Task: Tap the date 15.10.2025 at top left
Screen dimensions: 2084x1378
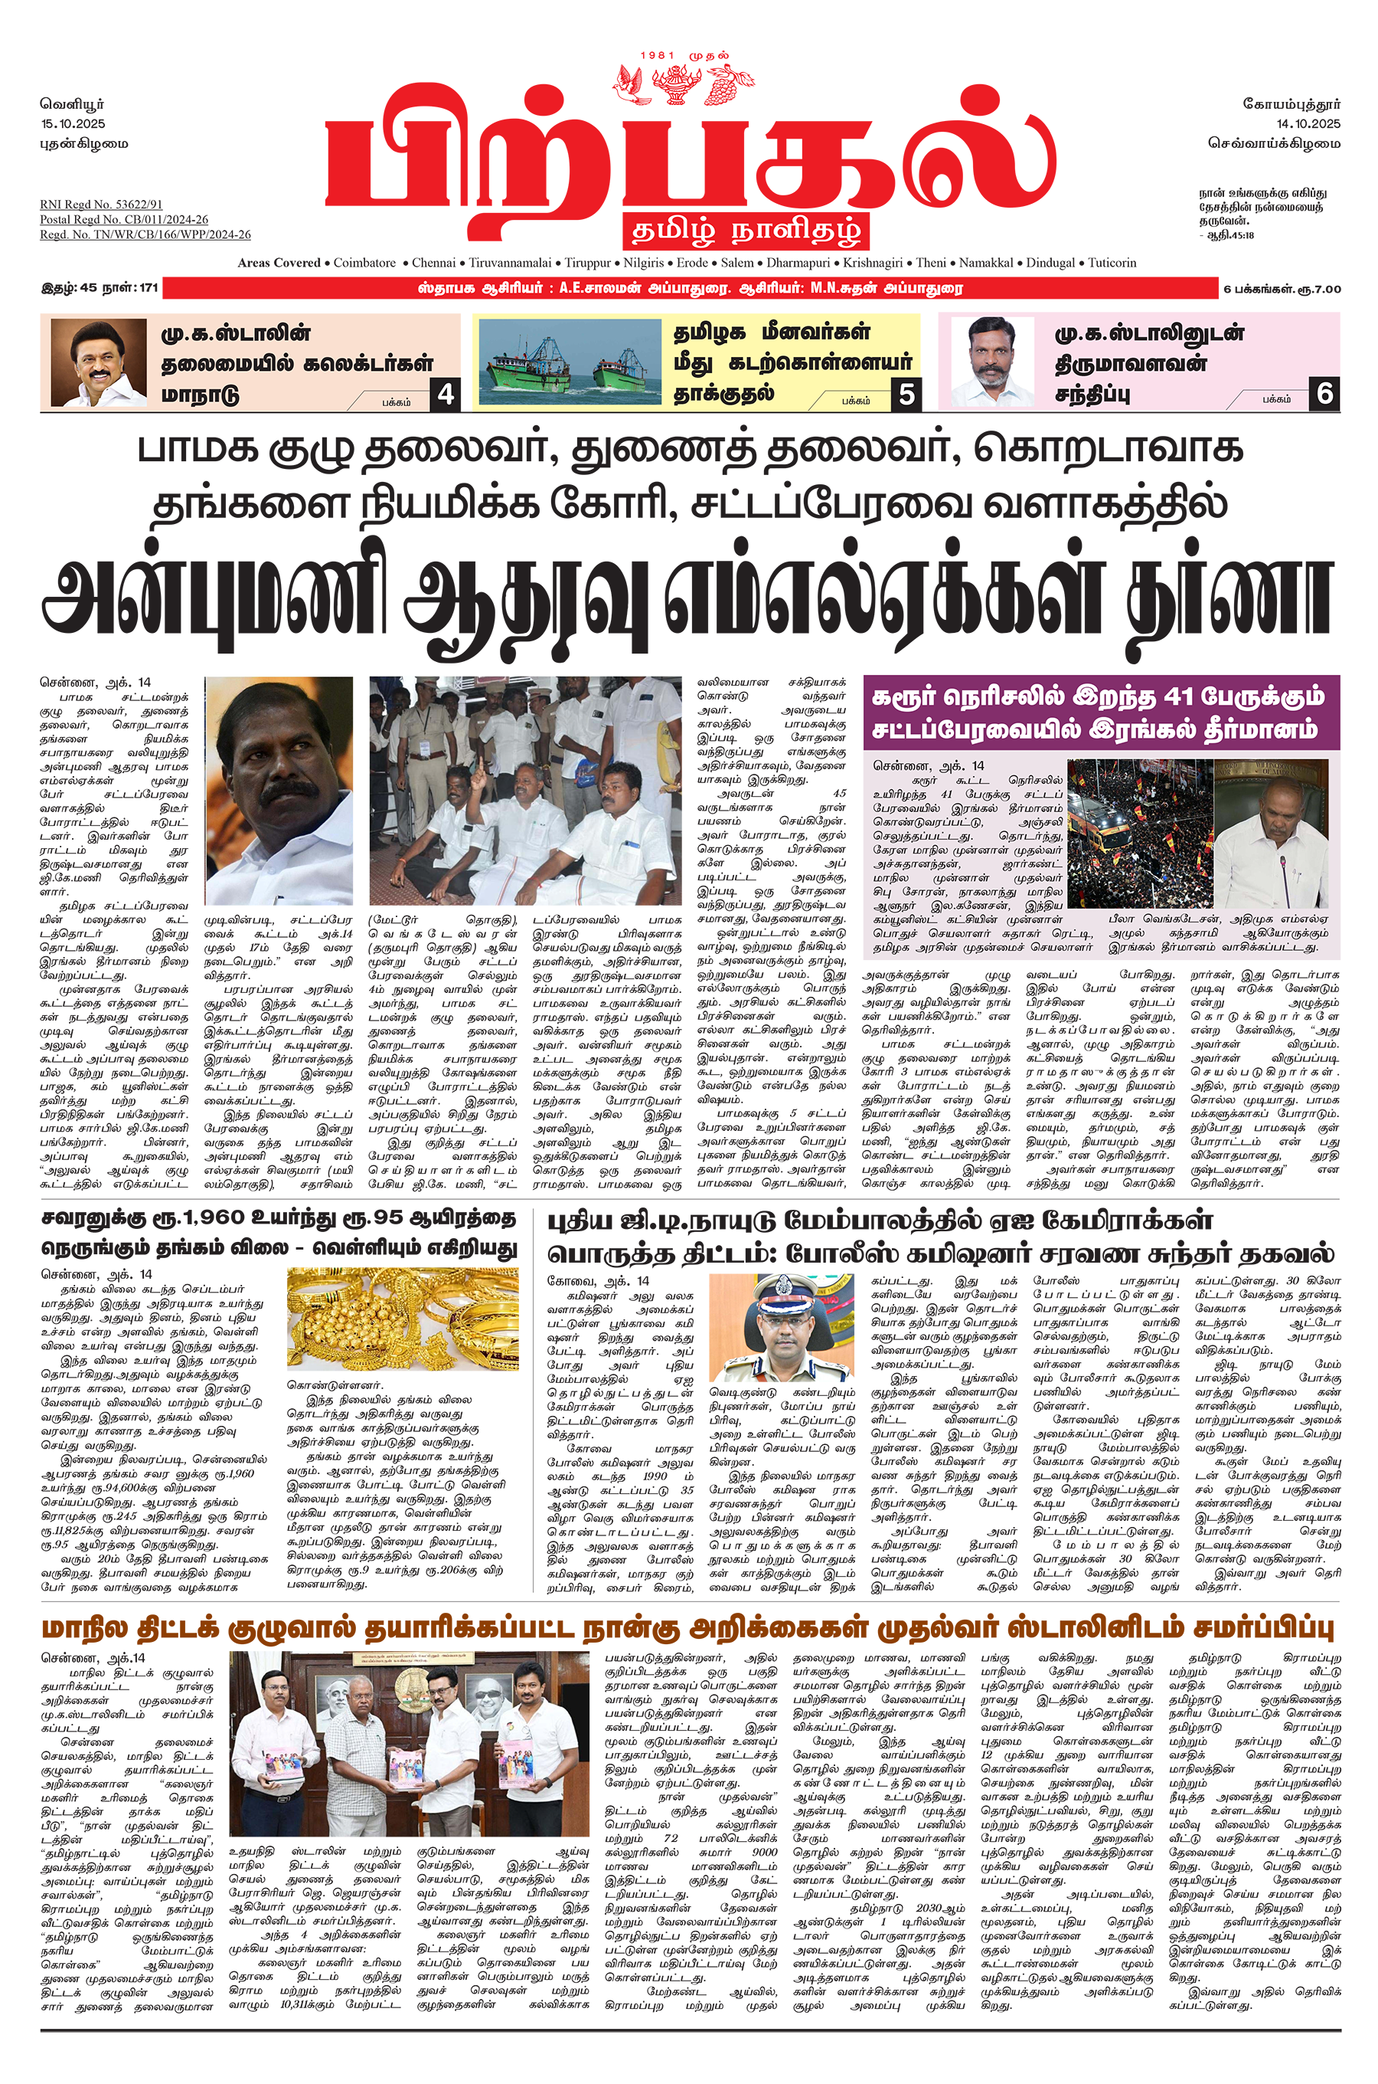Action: coord(73,124)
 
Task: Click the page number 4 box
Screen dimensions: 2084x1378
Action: coord(446,394)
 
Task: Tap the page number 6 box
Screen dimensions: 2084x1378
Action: coord(1324,394)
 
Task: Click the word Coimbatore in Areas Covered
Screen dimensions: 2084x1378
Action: coord(364,263)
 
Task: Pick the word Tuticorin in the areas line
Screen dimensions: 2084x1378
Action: coord(1112,263)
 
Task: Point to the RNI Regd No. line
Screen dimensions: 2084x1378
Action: coord(101,204)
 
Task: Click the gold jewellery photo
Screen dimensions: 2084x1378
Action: coord(403,1320)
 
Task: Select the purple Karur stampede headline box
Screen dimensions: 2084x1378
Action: coord(1100,713)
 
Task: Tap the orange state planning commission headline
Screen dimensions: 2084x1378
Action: coord(687,1629)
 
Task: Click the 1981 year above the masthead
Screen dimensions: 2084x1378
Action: coord(658,56)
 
